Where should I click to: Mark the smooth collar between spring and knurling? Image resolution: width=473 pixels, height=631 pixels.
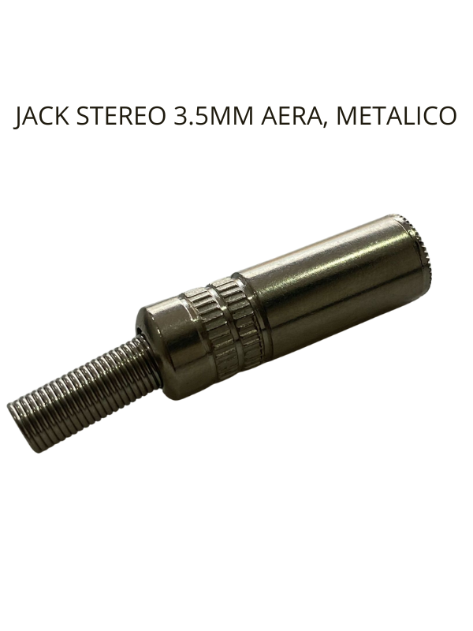162,339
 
